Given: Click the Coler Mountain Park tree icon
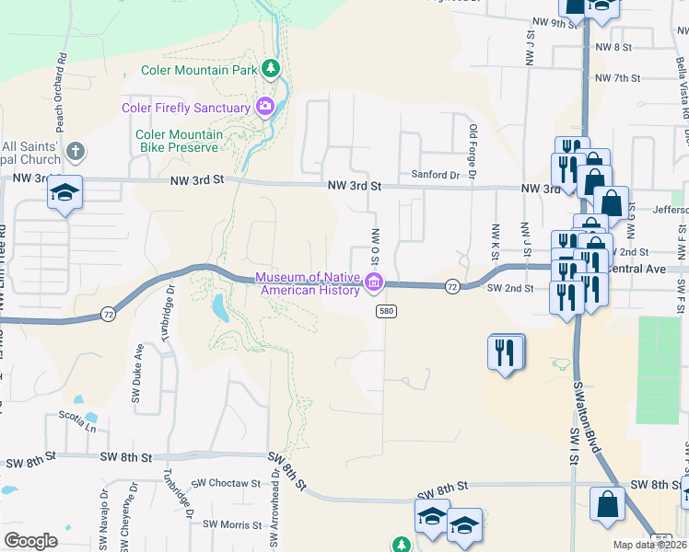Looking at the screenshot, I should (x=271, y=68).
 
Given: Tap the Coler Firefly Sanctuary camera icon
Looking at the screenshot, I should (x=265, y=108).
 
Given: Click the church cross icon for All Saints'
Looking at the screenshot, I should (x=76, y=151).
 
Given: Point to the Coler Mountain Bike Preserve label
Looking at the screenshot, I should (x=180, y=141).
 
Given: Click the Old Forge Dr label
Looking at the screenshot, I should (x=473, y=153).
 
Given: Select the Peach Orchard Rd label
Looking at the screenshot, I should (x=61, y=92).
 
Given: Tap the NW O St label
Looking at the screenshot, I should (x=376, y=250).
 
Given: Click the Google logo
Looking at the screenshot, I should (x=30, y=541).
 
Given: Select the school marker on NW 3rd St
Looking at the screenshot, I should (x=64, y=192).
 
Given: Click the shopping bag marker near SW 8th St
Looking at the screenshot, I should (x=607, y=505).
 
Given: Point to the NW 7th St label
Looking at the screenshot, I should (x=616, y=78).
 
